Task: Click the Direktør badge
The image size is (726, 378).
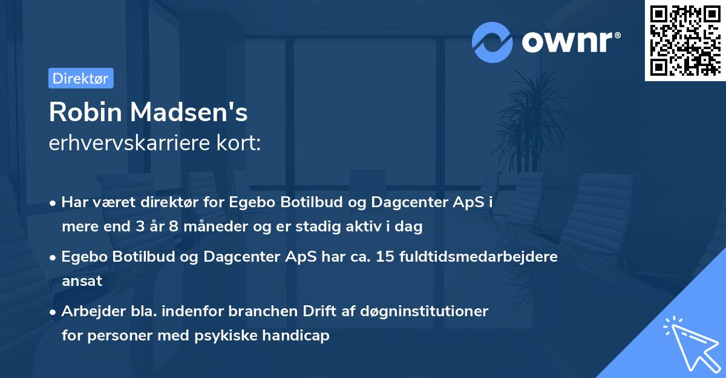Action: (80, 78)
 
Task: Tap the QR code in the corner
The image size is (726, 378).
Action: (685, 41)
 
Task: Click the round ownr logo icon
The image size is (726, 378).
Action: (492, 42)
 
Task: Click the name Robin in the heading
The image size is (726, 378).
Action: (83, 112)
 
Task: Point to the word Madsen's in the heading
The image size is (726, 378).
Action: (186, 112)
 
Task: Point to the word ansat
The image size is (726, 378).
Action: (82, 281)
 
